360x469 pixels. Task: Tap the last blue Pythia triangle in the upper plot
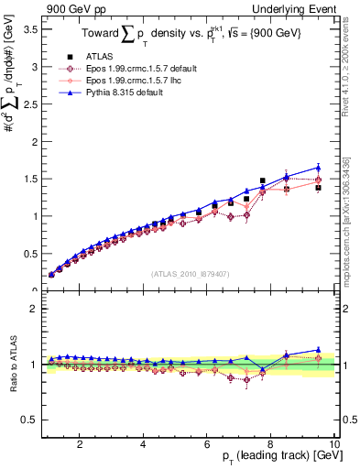click(x=318, y=168)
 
